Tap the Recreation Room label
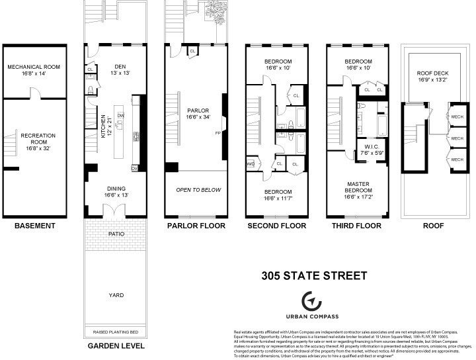38,140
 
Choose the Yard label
116,295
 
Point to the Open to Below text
198,190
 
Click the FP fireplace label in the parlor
218,133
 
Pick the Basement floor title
34,226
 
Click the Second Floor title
277,226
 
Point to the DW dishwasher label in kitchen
121,114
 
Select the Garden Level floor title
116,346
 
